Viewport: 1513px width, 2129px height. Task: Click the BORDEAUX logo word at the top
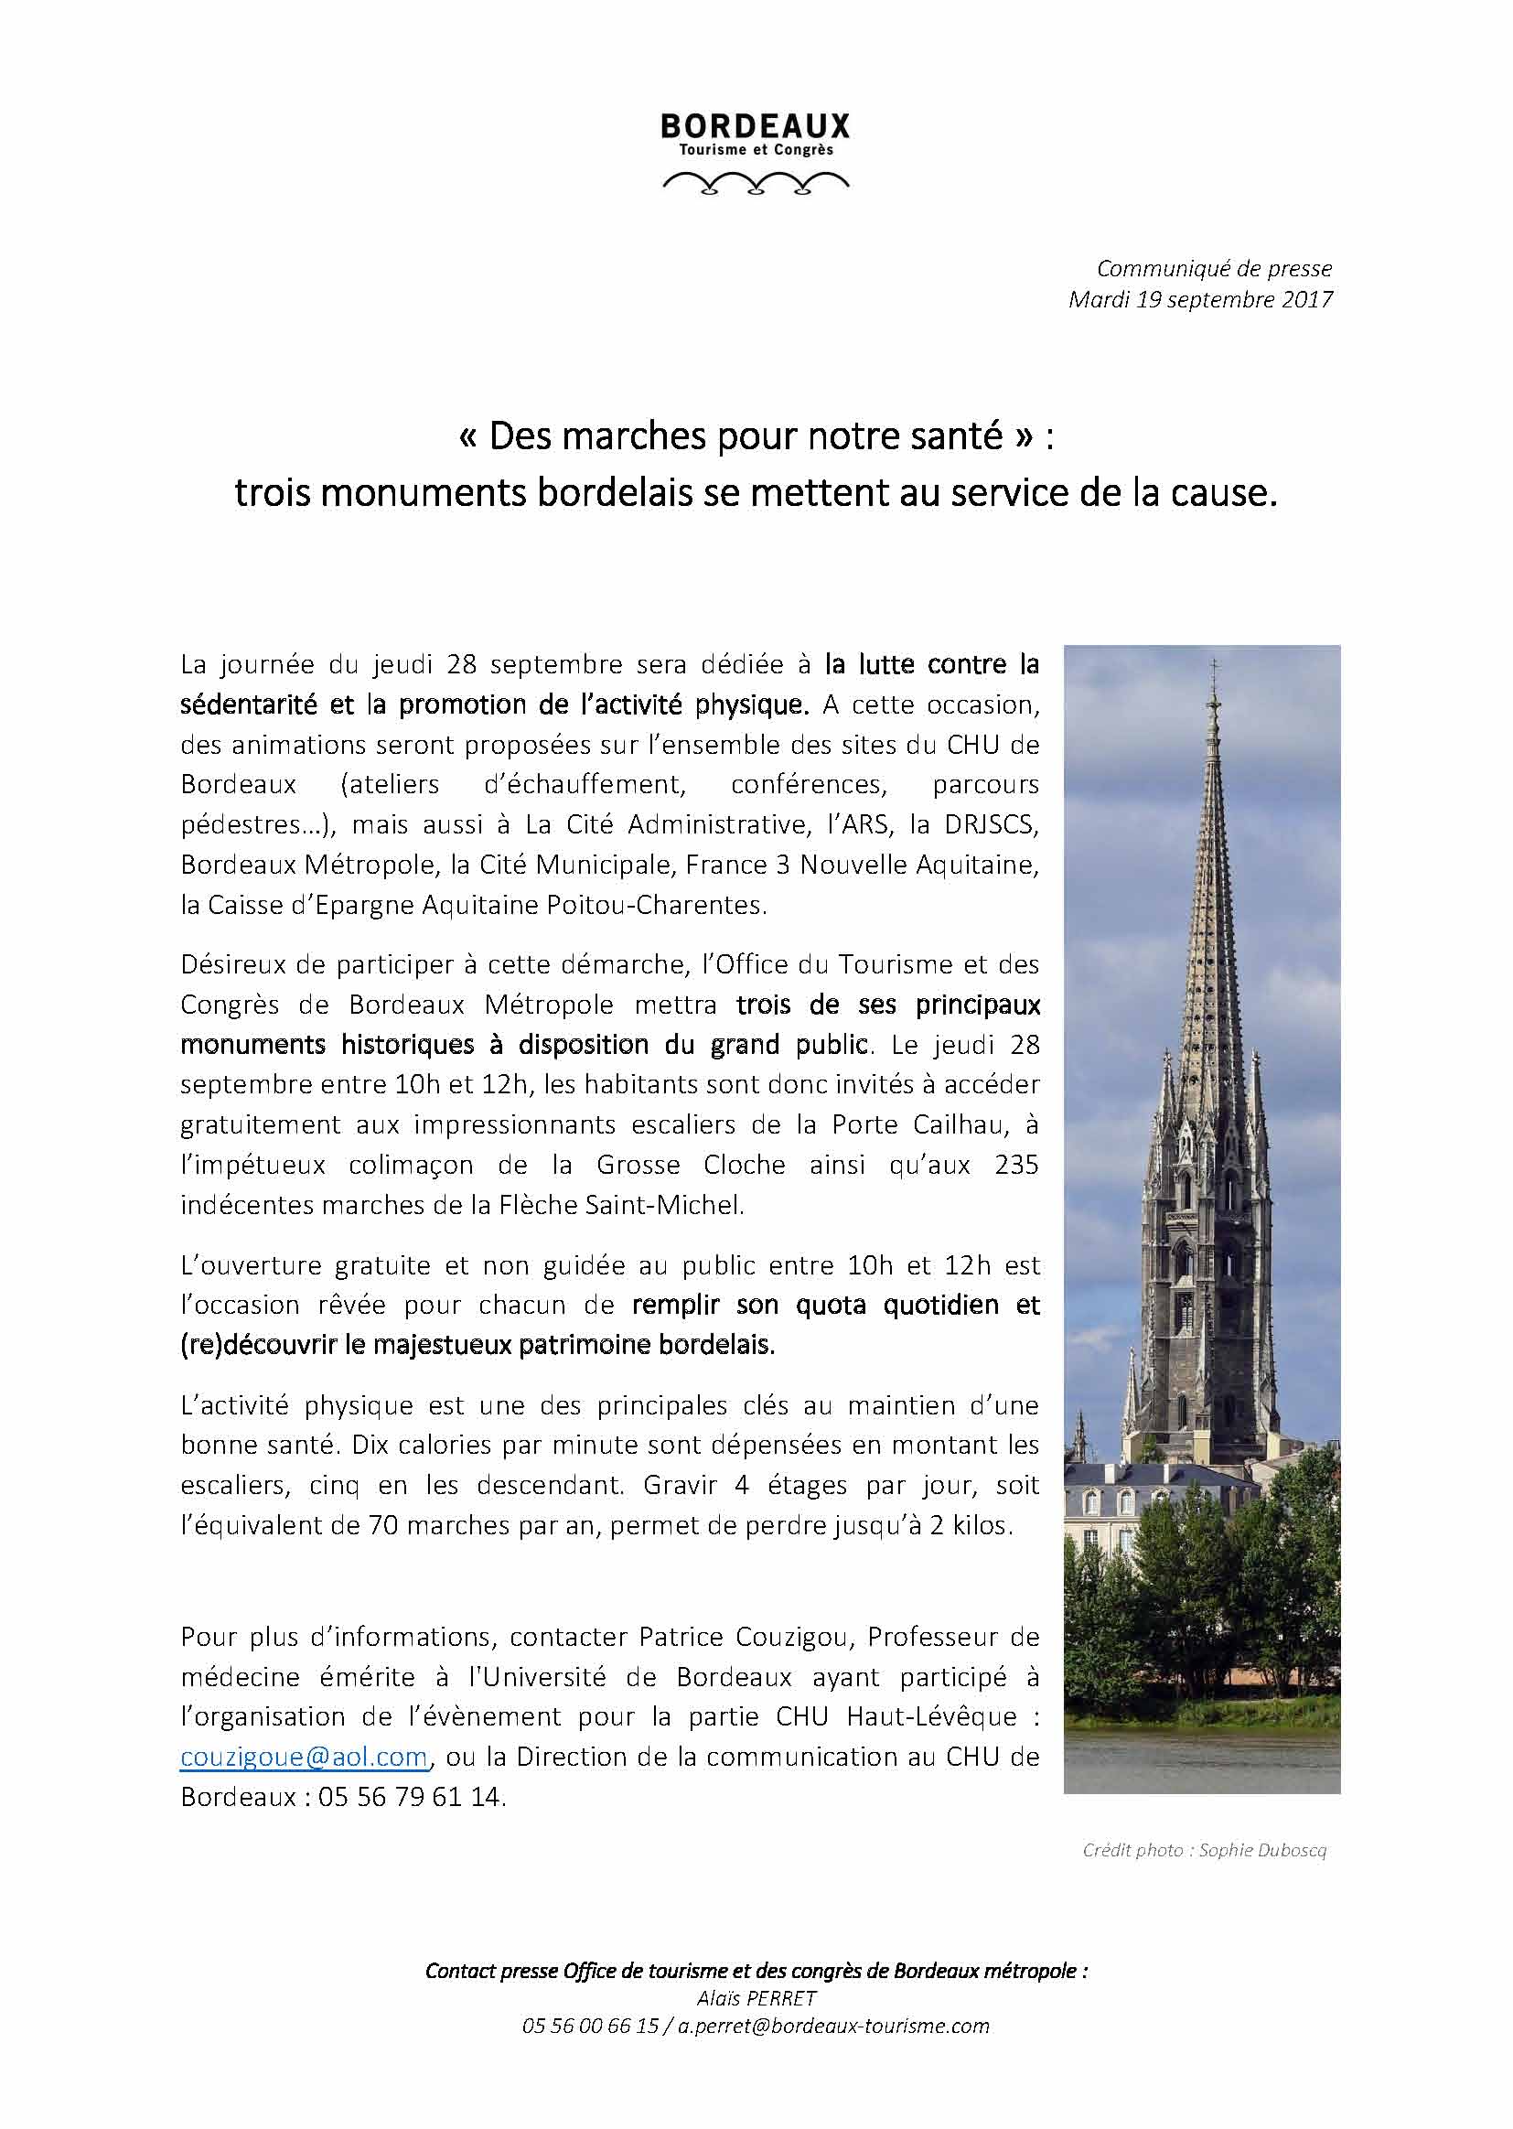point(755,125)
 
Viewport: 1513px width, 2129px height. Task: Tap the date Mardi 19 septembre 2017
point(1200,300)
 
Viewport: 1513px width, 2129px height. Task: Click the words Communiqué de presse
point(1214,268)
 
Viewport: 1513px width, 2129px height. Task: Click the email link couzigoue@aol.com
point(304,1757)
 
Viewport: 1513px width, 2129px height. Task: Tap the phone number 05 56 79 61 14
point(411,1796)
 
